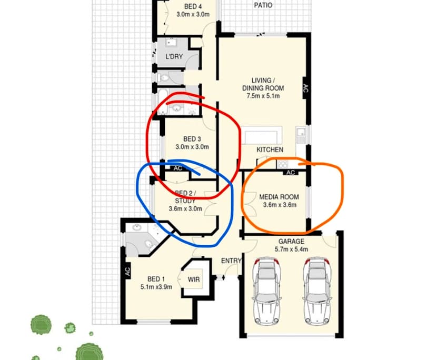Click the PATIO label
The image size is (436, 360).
[x=263, y=5]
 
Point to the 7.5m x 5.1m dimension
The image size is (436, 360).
[x=263, y=96]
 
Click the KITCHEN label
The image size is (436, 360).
[x=270, y=150]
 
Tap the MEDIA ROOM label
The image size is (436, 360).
[x=279, y=197]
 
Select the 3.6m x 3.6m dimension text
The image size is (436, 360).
[x=279, y=205]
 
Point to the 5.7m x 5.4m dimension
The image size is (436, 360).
[x=291, y=249]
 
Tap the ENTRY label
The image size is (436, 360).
[x=231, y=261]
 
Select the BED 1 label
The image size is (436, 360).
[x=156, y=279]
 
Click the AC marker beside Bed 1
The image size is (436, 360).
[x=127, y=272]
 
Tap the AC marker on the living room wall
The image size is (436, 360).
[x=304, y=89]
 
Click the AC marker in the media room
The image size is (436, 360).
[x=291, y=172]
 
